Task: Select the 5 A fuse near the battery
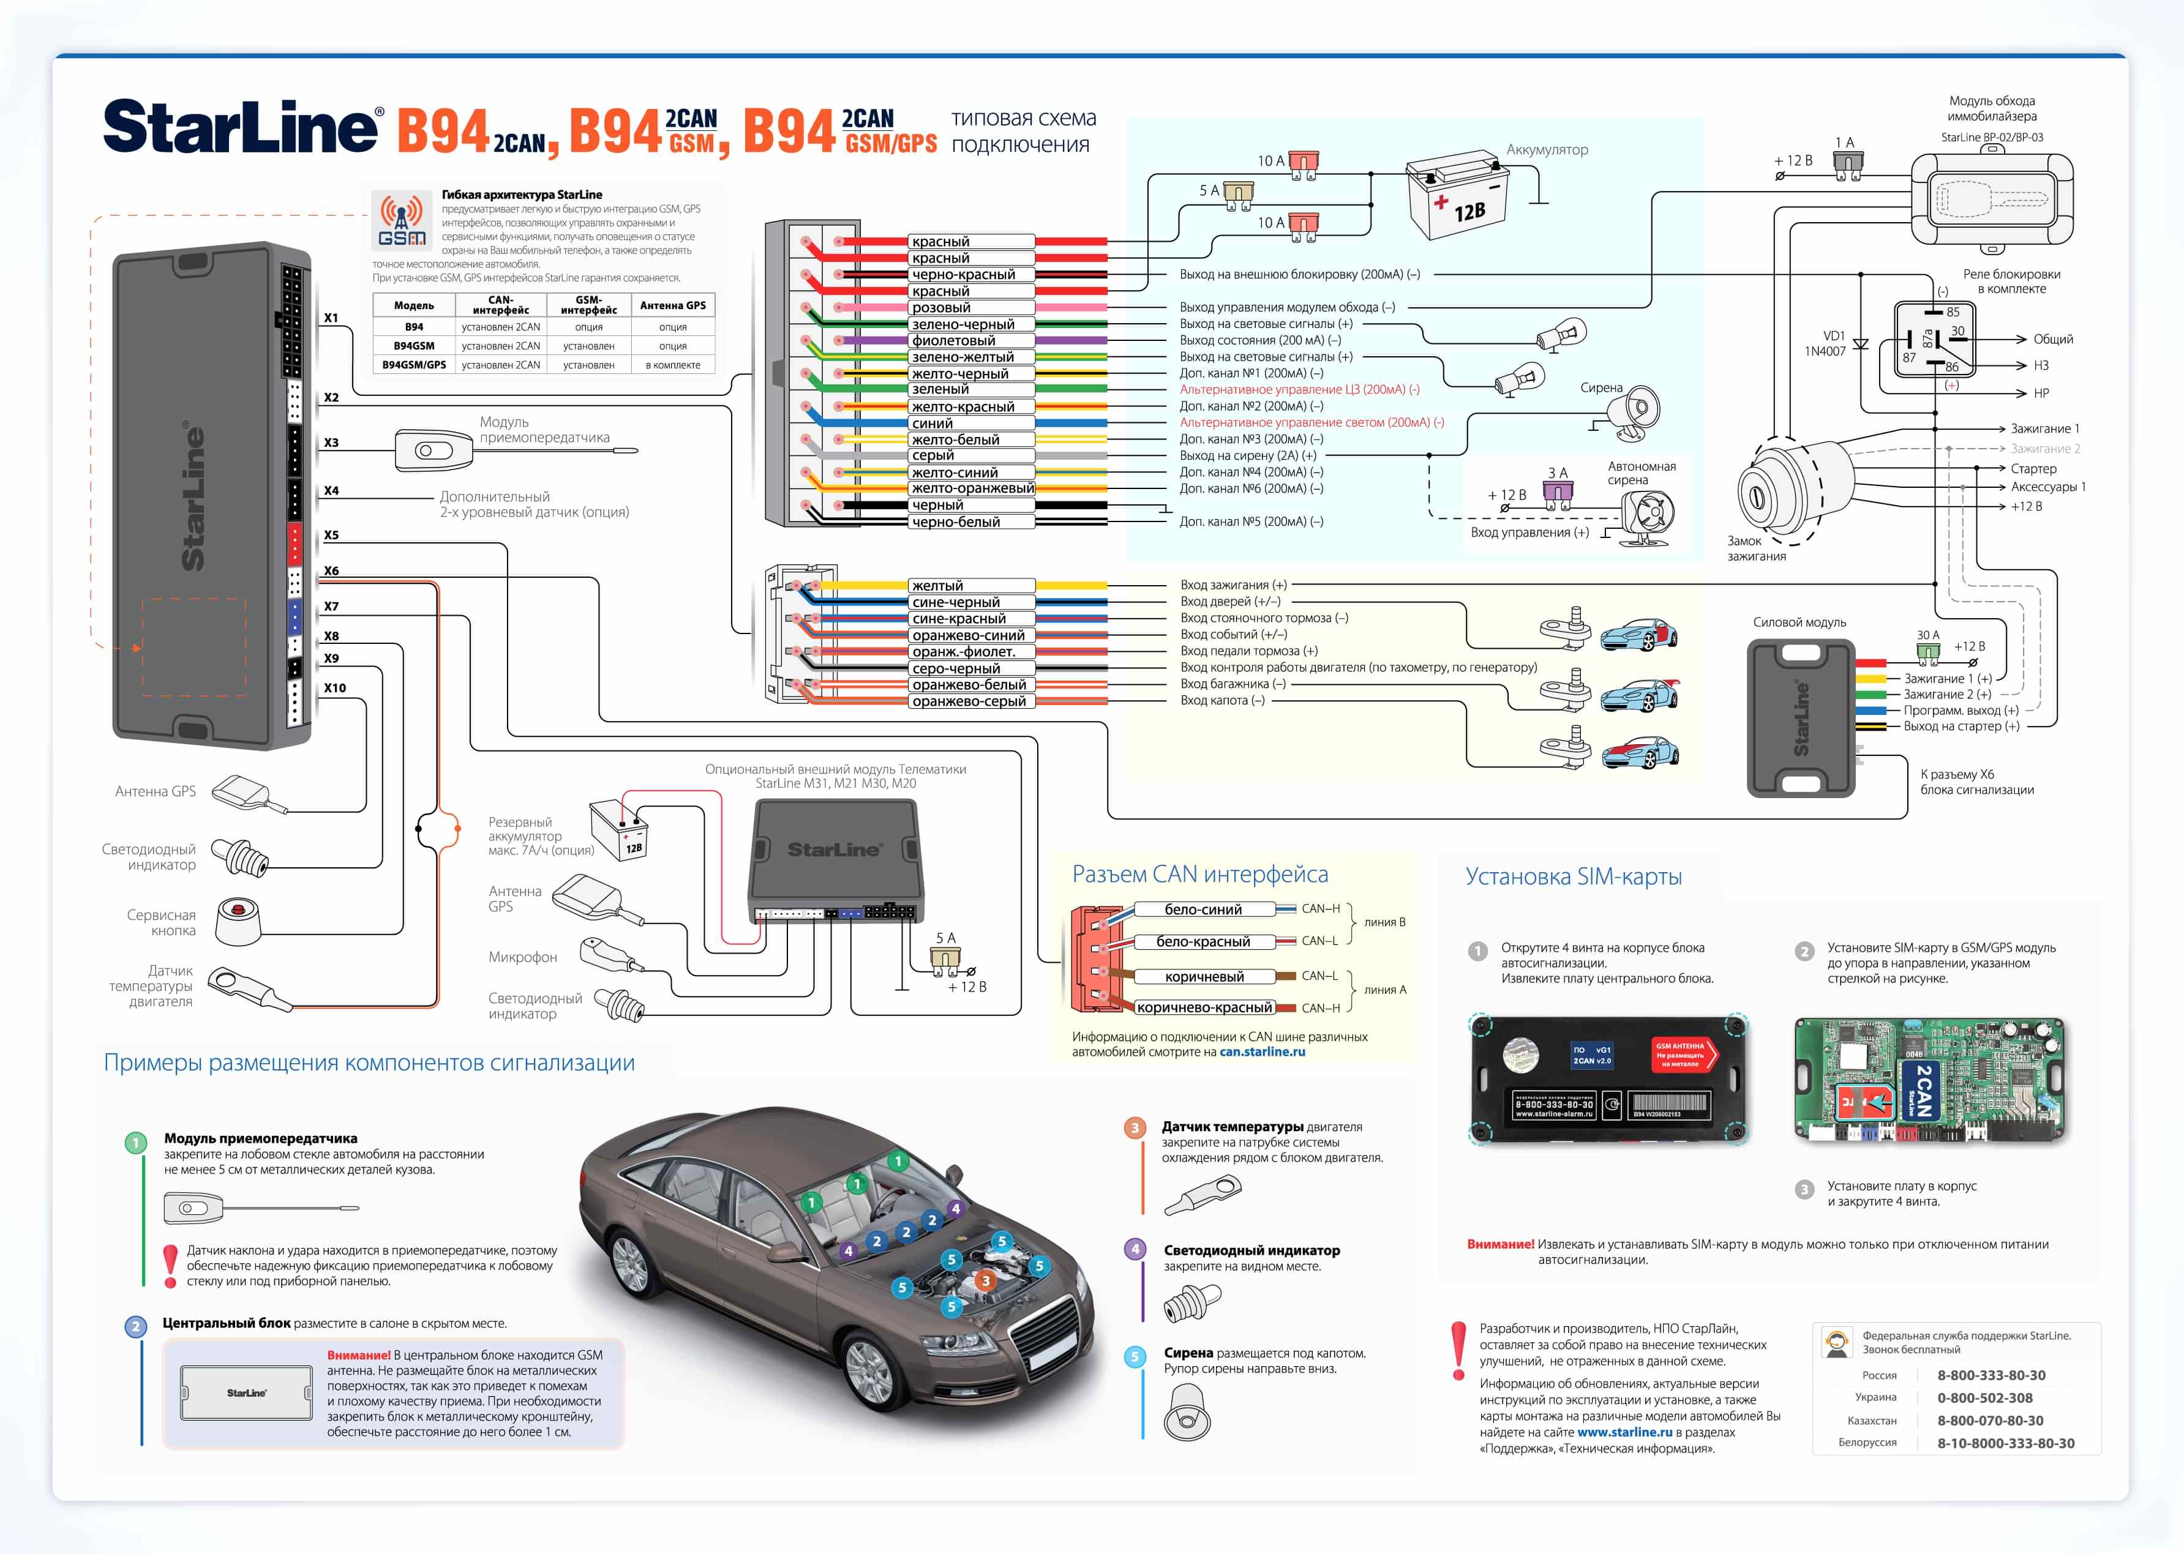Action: coord(1239,193)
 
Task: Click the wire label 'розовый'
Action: coord(941,308)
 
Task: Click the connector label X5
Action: coord(331,535)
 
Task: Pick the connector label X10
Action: coord(335,688)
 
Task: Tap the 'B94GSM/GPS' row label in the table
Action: coord(415,365)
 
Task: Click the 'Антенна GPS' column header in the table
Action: coord(673,305)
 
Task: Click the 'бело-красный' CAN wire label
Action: coord(1203,941)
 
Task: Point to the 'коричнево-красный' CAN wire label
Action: coord(1204,1007)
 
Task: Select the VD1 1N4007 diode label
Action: coord(1825,343)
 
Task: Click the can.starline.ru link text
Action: coord(1261,1052)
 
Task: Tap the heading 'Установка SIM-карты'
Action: coord(1574,876)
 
